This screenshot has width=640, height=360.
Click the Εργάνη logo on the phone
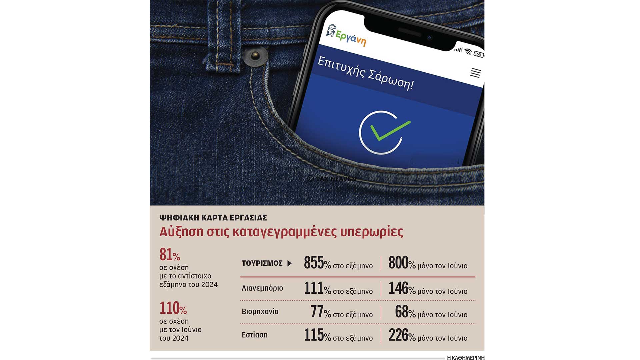346,36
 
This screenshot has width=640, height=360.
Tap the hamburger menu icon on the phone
475,73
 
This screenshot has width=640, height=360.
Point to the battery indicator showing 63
479,54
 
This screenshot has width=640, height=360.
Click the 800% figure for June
402,263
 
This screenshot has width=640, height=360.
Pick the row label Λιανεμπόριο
262,288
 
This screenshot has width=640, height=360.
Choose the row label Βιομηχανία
260,312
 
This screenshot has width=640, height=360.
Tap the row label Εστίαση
255,335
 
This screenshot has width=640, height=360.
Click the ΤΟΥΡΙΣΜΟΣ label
262,263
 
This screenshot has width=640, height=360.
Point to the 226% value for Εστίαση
402,335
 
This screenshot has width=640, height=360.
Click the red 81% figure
170,255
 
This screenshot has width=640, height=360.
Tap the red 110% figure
173,308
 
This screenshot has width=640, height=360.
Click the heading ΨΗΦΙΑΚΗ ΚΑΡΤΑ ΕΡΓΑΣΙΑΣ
213,218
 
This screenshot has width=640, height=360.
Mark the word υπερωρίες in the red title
372,232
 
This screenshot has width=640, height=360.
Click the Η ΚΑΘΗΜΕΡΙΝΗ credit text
466,358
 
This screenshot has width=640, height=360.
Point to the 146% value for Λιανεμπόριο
402,289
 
